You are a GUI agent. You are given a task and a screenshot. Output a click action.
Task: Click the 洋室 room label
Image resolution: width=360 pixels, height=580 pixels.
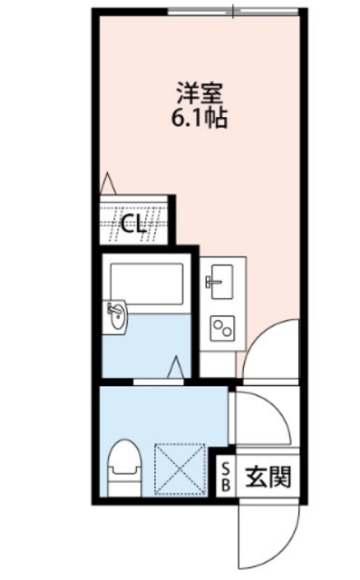point(200,92)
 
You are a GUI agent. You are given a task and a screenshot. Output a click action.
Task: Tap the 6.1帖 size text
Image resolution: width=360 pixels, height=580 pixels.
point(200,117)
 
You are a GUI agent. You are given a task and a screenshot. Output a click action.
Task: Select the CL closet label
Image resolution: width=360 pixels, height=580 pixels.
point(134,224)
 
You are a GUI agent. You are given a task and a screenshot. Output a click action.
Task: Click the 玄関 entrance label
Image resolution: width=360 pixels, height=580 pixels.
point(268,476)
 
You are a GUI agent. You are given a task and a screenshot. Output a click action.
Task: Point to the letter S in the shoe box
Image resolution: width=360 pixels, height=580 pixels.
point(227,467)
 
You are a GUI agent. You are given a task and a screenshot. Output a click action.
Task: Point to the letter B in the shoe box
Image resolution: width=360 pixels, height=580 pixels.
point(227,485)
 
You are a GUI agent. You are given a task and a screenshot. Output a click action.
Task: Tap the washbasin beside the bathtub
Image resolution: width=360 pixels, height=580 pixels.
point(116,318)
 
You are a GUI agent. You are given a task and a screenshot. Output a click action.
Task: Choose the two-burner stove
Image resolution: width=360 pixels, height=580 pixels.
point(220,326)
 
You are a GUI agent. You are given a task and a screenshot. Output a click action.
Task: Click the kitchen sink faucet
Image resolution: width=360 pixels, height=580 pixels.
point(211,282)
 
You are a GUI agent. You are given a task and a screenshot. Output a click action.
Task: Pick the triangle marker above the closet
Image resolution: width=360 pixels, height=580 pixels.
point(108,182)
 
